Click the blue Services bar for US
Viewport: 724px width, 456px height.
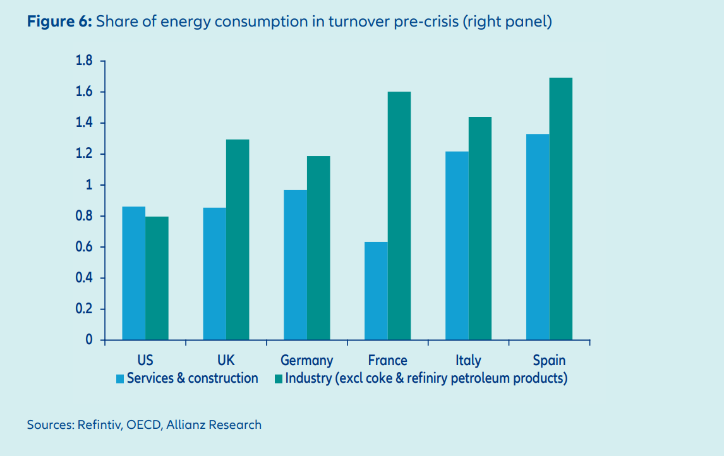click(x=134, y=273)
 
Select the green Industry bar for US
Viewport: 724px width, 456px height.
click(x=157, y=279)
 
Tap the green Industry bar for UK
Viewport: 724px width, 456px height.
click(x=238, y=240)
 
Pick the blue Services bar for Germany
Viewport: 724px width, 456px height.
click(x=295, y=265)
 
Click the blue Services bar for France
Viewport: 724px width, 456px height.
click(x=376, y=291)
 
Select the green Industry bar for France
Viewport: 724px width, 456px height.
click(x=399, y=216)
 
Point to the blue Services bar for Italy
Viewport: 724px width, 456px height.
click(x=457, y=246)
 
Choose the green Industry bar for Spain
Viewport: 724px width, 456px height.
click(x=560, y=209)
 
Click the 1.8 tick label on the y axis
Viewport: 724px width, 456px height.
click(x=84, y=61)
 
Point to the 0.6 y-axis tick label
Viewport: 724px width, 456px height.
click(x=84, y=248)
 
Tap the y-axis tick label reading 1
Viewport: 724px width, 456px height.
click(x=88, y=186)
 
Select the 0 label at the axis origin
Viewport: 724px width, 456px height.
click(x=89, y=340)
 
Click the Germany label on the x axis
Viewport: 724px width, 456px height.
click(x=306, y=361)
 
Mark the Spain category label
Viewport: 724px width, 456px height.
click(x=549, y=361)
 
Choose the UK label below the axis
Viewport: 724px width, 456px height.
click(x=226, y=361)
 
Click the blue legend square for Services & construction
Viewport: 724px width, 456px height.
click(x=120, y=379)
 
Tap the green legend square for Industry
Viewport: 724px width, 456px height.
click(x=279, y=379)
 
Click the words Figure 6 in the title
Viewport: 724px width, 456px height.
click(x=59, y=23)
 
